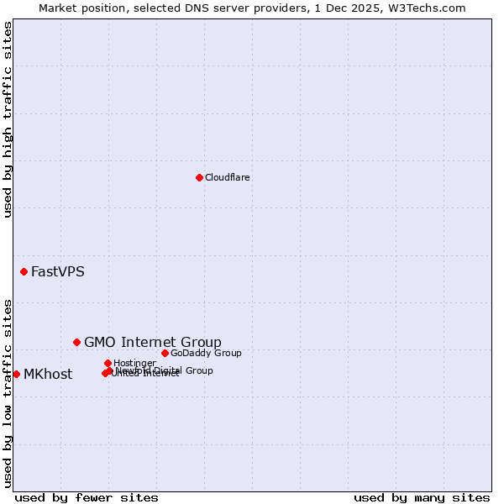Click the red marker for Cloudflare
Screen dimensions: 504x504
[199, 177]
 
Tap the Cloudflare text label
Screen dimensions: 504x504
[227, 178]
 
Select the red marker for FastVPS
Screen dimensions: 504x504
[24, 271]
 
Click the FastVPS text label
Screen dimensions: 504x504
[57, 272]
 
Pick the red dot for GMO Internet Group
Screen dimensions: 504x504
[76, 342]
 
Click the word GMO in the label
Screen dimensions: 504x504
[99, 342]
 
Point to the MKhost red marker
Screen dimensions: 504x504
[16, 374]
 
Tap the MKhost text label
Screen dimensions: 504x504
[47, 375]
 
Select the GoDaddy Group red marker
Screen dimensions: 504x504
[165, 353]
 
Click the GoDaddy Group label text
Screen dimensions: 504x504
[205, 354]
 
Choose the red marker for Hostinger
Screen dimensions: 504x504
[108, 363]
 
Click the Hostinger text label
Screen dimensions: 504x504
[134, 364]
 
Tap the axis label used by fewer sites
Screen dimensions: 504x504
[87, 497]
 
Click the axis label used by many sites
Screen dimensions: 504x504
[421, 497]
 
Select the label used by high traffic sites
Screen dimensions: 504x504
[8, 119]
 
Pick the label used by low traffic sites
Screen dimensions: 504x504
[8, 392]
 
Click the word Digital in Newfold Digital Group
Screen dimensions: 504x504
[168, 370]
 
